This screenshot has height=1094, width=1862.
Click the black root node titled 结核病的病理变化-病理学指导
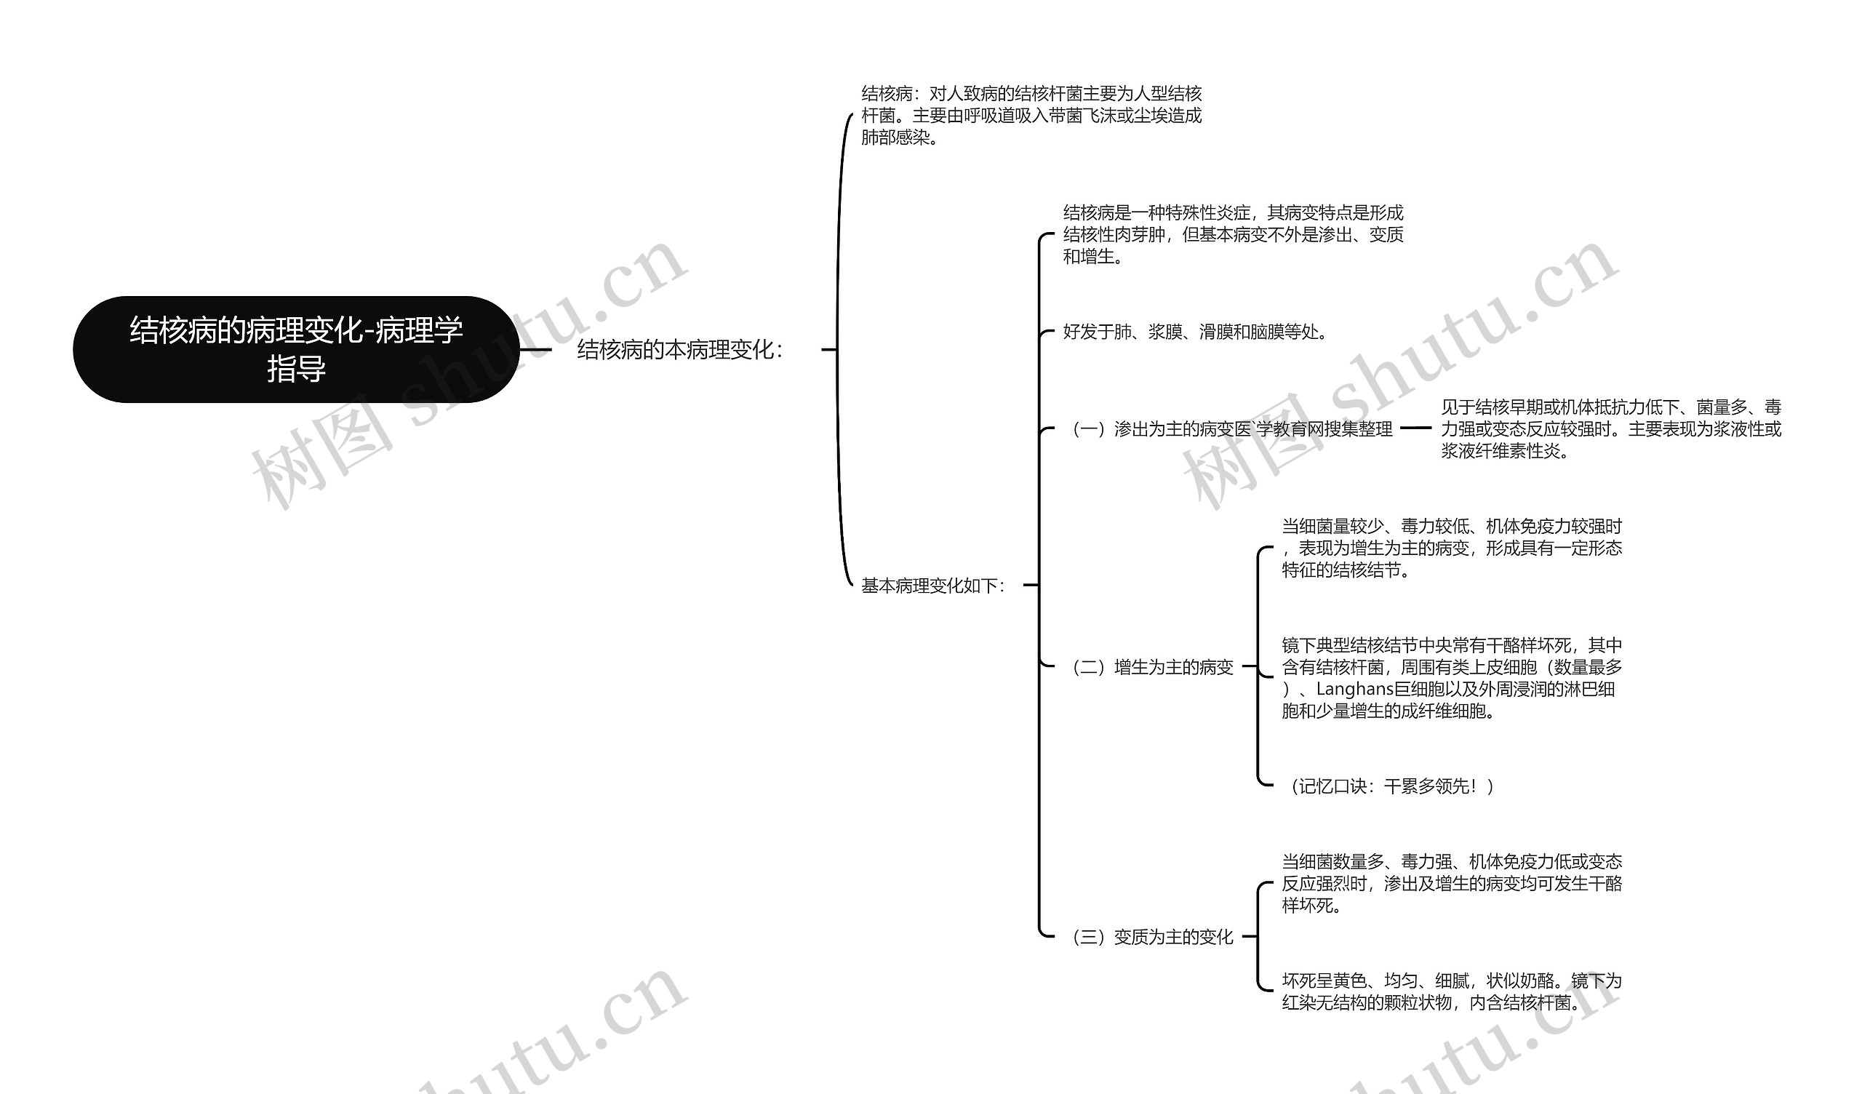[295, 349]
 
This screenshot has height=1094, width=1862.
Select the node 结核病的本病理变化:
[679, 350]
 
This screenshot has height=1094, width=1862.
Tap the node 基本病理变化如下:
[932, 586]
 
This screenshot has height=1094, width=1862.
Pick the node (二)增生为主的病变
[1152, 667]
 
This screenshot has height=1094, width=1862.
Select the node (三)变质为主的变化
[1152, 937]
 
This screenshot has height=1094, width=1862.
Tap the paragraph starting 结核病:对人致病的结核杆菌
[1031, 116]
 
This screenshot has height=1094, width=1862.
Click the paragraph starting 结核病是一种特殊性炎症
[1232, 234]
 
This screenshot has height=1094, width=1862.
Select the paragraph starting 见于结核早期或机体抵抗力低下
[1611, 428]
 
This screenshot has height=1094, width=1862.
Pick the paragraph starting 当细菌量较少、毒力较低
[1451, 548]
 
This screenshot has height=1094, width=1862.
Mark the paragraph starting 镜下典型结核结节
[1451, 678]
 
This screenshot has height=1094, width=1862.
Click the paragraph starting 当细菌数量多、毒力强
[1451, 882]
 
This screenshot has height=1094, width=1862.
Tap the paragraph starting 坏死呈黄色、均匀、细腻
[1451, 991]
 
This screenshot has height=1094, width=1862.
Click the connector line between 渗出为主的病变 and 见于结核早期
[1415, 427]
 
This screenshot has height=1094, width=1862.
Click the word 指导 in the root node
[296, 369]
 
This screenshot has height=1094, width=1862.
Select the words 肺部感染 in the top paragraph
[895, 137]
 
